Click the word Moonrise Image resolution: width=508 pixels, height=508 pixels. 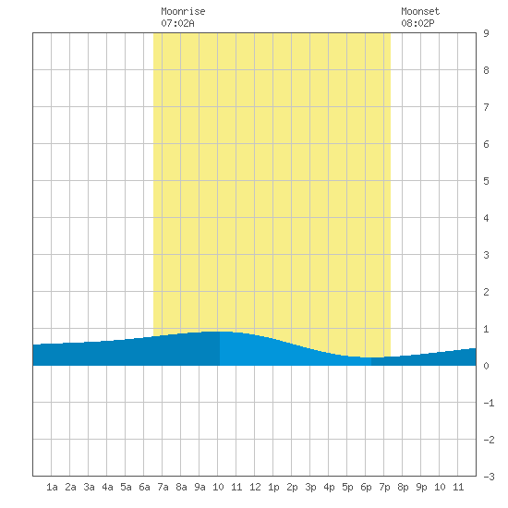click(183, 11)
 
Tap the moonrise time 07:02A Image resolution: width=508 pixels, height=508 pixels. click(177, 23)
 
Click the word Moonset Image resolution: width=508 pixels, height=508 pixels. click(420, 11)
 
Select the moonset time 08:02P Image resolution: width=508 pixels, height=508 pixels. click(417, 23)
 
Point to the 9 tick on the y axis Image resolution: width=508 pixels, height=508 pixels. click(486, 33)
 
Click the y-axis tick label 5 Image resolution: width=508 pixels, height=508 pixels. click(486, 181)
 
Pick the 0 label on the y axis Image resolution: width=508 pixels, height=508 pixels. click(486, 366)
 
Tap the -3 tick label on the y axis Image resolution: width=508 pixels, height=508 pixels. click(489, 477)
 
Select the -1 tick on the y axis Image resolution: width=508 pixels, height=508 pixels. click(489, 403)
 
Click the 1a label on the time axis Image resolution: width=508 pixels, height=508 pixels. click(52, 487)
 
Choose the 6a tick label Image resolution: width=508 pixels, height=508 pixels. click(144, 487)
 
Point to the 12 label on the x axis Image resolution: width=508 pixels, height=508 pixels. click(255, 487)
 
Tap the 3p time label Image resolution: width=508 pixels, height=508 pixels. click(310, 487)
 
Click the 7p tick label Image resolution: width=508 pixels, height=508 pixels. click(384, 487)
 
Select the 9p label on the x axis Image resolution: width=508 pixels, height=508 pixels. click(421, 487)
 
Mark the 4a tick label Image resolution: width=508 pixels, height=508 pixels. click(107, 487)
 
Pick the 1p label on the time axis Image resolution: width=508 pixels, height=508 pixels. click(273, 487)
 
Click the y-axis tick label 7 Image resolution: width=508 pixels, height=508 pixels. click(486, 107)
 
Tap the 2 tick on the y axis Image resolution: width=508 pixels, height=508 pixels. click(486, 292)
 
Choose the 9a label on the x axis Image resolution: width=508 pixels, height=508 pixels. click(200, 487)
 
